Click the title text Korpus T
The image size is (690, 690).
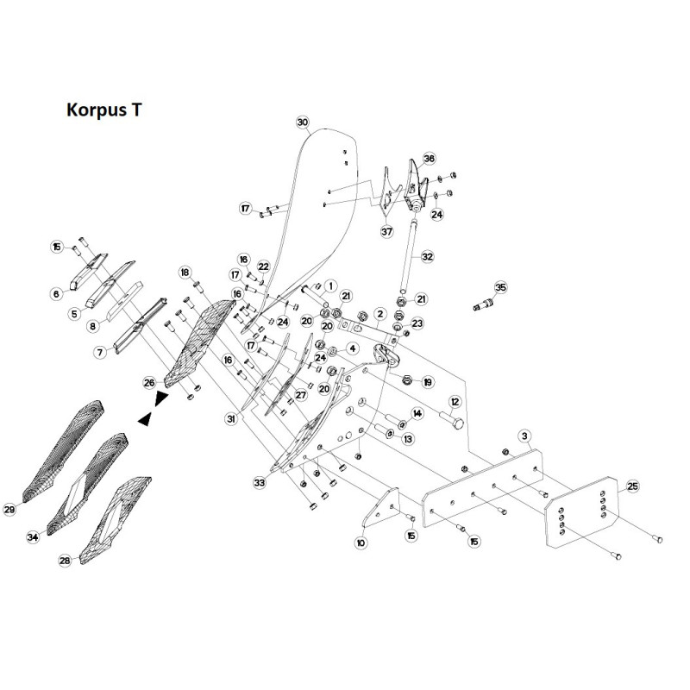(104, 110)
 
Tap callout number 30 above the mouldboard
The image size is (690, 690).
(303, 122)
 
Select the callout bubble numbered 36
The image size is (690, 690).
(429, 158)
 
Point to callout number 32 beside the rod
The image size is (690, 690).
(427, 256)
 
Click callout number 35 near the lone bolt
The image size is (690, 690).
(501, 287)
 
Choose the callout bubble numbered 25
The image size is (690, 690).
(632, 486)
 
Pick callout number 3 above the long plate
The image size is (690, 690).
(524, 436)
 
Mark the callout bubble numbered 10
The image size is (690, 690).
(361, 543)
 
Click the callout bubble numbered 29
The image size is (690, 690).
(9, 510)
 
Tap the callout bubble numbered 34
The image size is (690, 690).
(33, 537)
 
